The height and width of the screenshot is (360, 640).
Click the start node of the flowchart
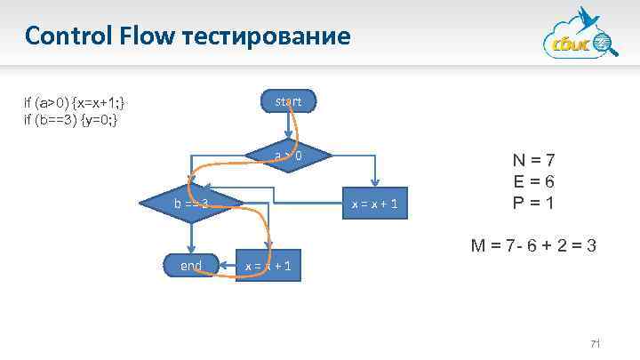[x=287, y=102]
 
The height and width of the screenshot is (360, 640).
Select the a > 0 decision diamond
[x=287, y=156]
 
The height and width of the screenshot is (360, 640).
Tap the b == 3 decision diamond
[x=191, y=204]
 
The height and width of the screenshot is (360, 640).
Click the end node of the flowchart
[x=190, y=265]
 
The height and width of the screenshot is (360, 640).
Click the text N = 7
[x=534, y=161]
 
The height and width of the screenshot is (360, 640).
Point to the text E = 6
[x=534, y=181]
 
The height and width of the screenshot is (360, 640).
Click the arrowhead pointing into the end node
[x=190, y=251]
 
